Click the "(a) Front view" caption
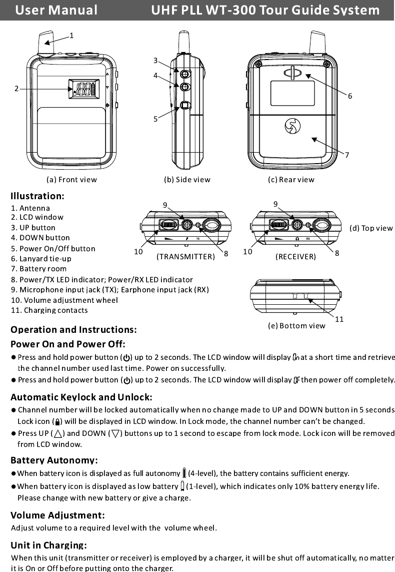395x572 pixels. [x=71, y=179]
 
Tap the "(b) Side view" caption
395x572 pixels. [x=187, y=179]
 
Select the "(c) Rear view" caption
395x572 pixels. [x=291, y=179]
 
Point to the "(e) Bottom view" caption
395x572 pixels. [x=296, y=326]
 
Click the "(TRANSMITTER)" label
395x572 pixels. [x=185, y=257]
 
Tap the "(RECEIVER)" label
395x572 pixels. [x=295, y=257]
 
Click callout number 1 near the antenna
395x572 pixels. [x=72, y=36]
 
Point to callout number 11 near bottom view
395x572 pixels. [x=338, y=319]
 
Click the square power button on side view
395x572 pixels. [x=185, y=106]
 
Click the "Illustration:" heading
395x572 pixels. [x=37, y=195]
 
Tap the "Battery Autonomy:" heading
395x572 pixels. [x=54, y=460]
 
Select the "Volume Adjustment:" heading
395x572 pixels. [x=57, y=515]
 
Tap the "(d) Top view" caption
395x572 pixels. [x=370, y=228]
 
